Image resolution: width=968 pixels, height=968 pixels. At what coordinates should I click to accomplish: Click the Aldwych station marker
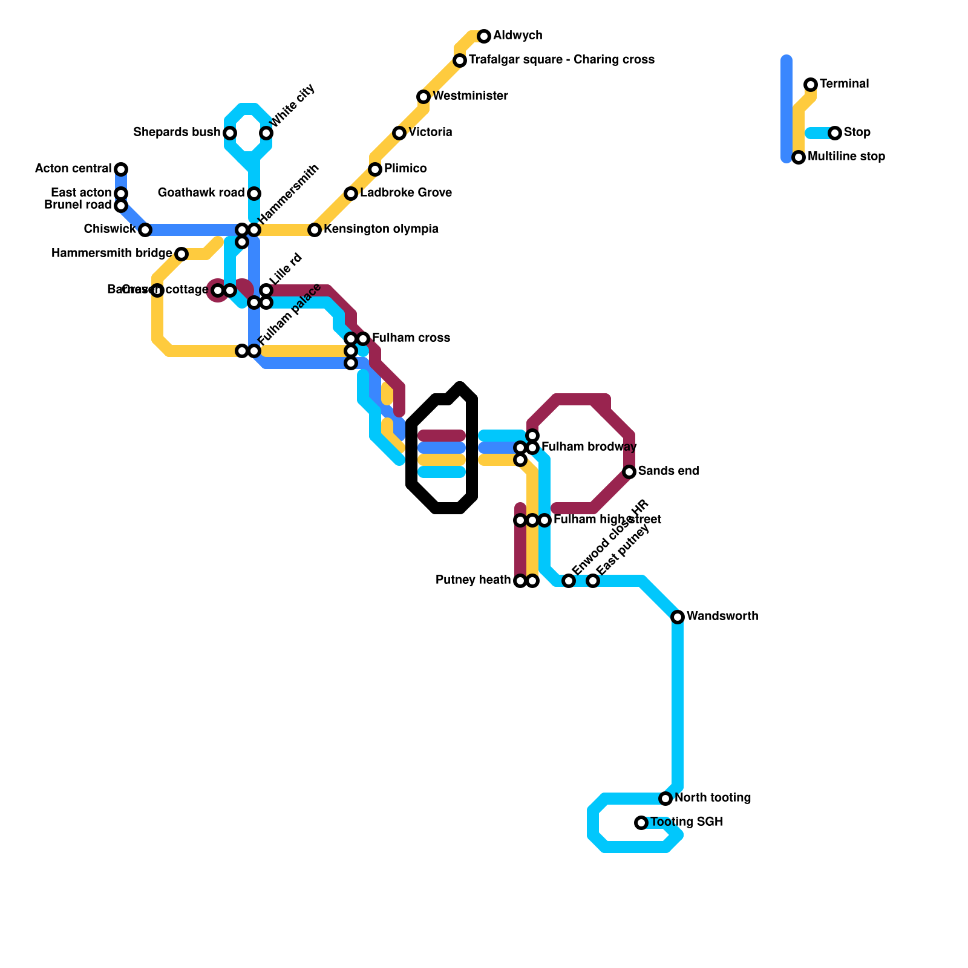tap(484, 36)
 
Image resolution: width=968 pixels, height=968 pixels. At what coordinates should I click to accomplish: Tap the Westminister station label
tap(470, 96)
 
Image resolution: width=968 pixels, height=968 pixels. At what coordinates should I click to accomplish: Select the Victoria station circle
tap(399, 133)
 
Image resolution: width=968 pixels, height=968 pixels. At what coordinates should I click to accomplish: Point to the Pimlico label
tap(405, 169)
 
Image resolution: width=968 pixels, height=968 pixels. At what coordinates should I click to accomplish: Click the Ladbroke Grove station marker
tap(351, 194)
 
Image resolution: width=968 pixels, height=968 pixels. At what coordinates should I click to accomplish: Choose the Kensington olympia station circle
tap(315, 230)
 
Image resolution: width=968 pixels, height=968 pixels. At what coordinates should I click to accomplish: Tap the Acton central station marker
tap(121, 169)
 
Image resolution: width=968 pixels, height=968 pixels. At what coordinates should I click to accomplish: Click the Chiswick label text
tap(110, 229)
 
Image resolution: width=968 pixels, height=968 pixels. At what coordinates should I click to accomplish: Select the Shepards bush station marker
tap(230, 133)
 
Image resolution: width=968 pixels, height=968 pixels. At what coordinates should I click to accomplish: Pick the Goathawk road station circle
tap(254, 194)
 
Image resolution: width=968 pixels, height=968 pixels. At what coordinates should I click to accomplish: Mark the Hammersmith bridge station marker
tap(181, 254)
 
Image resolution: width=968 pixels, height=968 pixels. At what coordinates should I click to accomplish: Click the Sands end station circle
tap(629, 472)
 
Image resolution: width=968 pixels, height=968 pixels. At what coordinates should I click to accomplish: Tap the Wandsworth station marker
tap(678, 617)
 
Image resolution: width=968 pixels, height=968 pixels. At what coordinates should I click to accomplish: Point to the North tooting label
tap(713, 798)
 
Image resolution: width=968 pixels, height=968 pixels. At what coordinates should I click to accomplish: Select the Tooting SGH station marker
tap(641, 823)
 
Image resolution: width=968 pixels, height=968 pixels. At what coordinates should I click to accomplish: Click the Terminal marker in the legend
tap(811, 85)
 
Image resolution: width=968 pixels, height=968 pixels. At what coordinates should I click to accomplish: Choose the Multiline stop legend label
tap(846, 157)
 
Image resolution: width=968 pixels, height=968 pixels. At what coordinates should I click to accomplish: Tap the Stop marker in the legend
tap(835, 133)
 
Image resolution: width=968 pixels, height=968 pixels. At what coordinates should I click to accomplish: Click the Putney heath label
tap(473, 580)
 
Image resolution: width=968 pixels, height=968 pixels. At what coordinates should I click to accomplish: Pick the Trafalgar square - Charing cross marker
tap(460, 60)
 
